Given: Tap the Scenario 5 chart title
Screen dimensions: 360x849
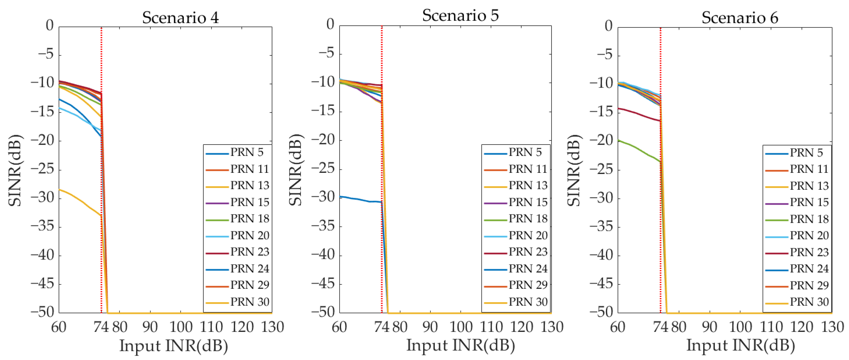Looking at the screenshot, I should coord(460,16).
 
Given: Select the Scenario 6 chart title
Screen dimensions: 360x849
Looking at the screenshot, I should coord(740,17).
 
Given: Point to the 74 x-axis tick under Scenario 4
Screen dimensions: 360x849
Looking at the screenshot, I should coord(101,327).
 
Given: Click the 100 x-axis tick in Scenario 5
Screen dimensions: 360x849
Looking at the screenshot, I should coord(461,327).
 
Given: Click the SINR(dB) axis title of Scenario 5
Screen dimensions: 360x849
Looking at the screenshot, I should coord(296,170).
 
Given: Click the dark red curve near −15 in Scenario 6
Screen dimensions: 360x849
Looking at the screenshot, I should coord(639,115).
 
